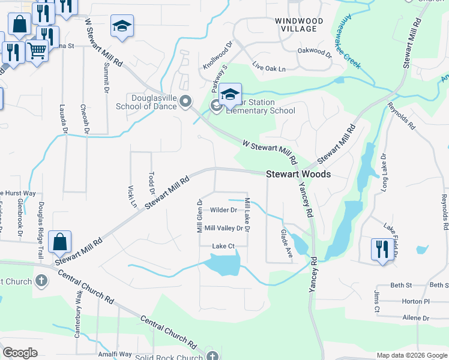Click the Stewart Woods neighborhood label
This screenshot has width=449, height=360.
pyautogui.click(x=298, y=174)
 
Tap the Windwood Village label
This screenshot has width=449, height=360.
pyautogui.click(x=299, y=25)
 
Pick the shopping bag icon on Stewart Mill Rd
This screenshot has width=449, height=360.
pyautogui.click(x=60, y=242)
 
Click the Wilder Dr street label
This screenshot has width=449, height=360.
pyautogui.click(x=223, y=210)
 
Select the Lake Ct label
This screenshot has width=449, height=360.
pyautogui.click(x=223, y=246)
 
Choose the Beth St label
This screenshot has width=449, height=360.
pyautogui.click(x=401, y=285)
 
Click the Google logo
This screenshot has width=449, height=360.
pyautogui.click(x=20, y=352)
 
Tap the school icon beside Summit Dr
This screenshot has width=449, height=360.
pyautogui.click(x=122, y=26)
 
